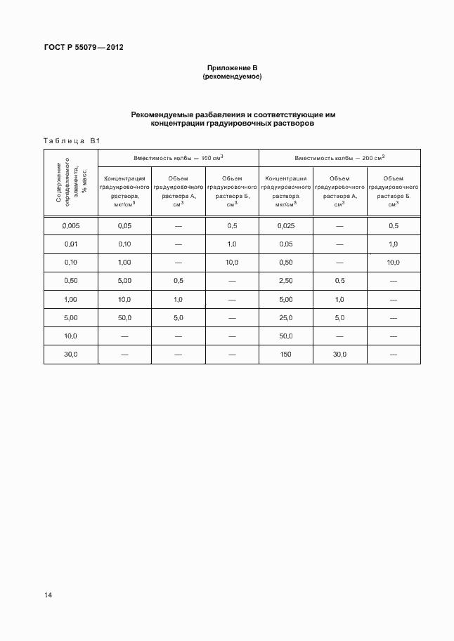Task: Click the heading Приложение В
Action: click(232, 67)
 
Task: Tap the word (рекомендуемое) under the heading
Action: click(232, 77)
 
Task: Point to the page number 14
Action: click(48, 595)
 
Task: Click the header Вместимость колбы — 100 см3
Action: click(179, 158)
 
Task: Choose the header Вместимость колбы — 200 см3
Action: click(339, 158)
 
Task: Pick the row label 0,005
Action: click(70, 225)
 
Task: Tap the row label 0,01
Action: click(70, 244)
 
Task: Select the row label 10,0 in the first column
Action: click(70, 336)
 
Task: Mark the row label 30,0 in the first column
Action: click(70, 355)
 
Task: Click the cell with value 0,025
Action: click(285, 225)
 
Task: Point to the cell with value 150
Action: click(285, 355)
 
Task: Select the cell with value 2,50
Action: click(285, 281)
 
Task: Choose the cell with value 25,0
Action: click(285, 318)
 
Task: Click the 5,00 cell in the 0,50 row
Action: click(124, 281)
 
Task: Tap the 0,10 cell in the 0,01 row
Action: click(124, 244)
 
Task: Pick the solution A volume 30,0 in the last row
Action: click(339, 355)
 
